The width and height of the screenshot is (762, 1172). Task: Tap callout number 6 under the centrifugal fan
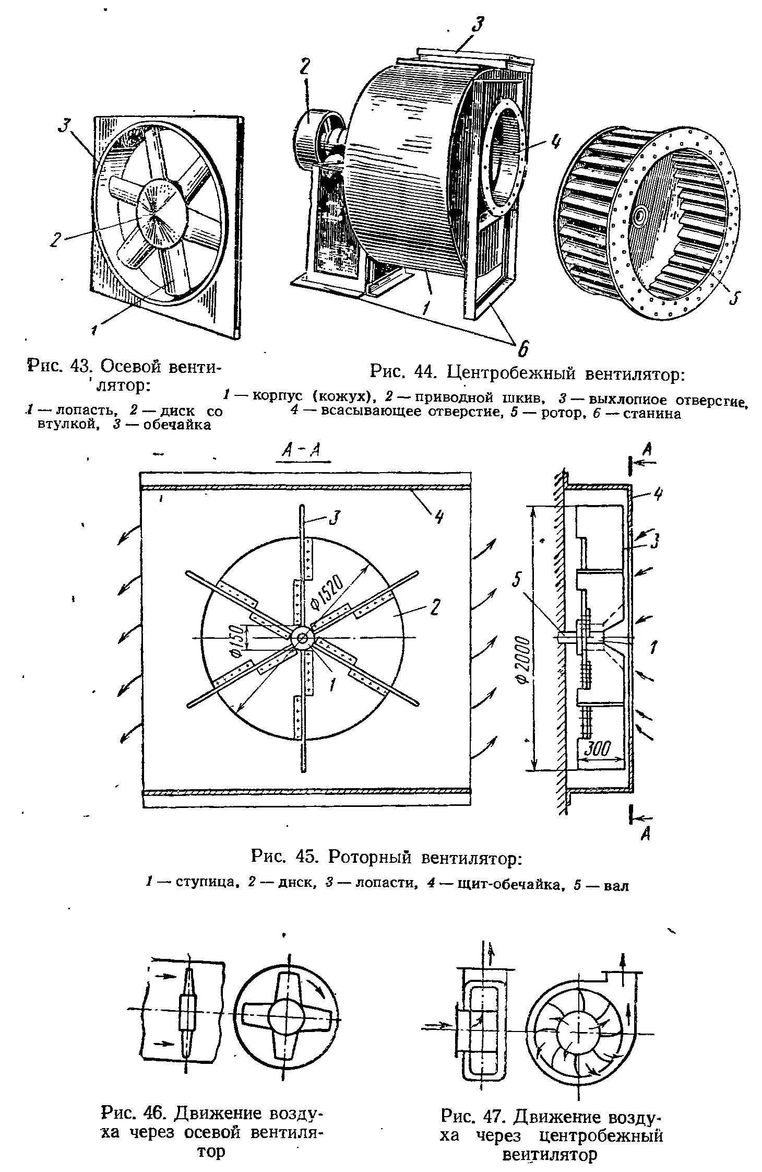[522, 347]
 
